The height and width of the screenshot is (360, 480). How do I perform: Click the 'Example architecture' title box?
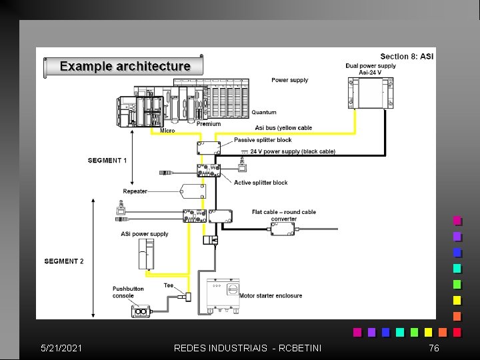(124, 66)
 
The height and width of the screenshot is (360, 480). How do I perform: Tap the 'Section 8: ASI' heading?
(407, 56)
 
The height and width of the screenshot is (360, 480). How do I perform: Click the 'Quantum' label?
(263, 112)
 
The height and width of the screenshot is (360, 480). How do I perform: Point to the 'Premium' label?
(209, 124)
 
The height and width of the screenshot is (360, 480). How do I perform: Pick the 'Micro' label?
(168, 131)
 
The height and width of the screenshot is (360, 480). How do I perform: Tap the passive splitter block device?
(209, 147)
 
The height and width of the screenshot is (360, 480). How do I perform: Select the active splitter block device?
(209, 171)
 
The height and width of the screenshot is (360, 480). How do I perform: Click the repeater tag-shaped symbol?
(193, 191)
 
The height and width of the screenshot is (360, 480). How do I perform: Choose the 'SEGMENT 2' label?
(64, 261)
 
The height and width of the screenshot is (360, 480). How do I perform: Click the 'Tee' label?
(169, 285)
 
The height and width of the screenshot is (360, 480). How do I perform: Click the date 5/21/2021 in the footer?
(61, 348)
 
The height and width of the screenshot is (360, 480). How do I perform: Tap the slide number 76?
(434, 348)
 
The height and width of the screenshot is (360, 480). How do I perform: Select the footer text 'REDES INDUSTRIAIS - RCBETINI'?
(247, 348)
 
